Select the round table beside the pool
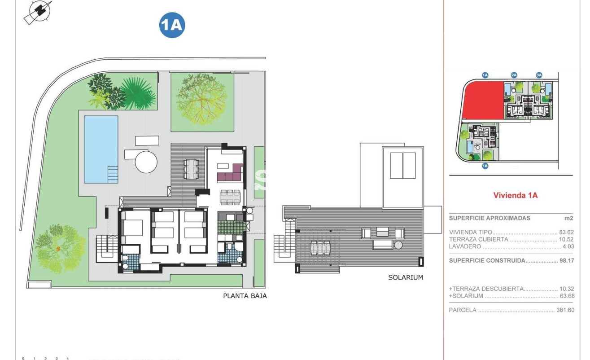tap(146, 161)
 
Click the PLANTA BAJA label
tap(245, 296)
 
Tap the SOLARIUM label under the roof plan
tap(405, 277)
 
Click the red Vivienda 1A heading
tap(515, 195)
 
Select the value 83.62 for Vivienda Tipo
tap(566, 233)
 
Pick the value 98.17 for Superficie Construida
tap(566, 261)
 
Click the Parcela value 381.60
tap(565, 310)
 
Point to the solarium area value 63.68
tap(566, 296)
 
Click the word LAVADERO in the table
tap(465, 246)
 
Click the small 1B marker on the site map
tap(485, 166)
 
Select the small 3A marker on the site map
tap(539, 75)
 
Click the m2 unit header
tap(568, 218)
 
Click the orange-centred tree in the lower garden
tap(58, 248)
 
